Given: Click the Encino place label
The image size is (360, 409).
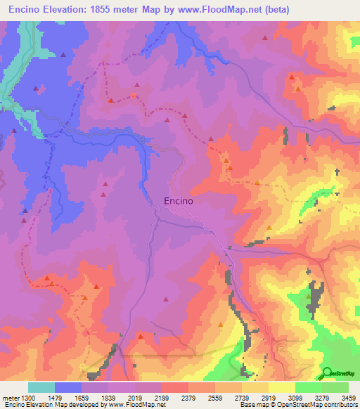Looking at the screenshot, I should pos(178,200).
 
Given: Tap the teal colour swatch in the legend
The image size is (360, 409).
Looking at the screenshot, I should pos(41,387).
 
